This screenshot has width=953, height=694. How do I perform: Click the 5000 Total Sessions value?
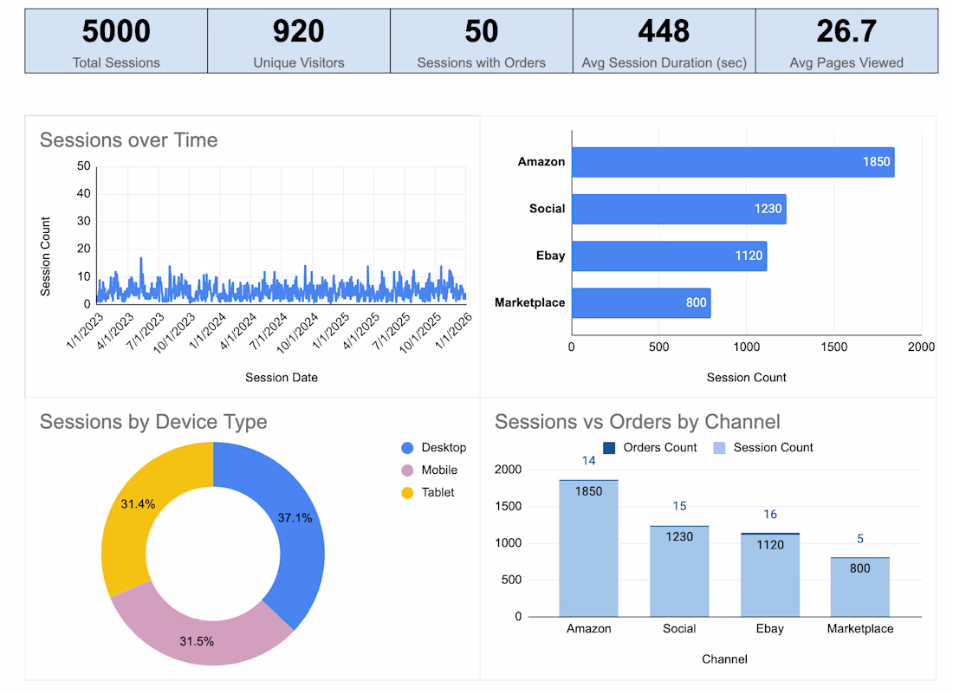pos(116,32)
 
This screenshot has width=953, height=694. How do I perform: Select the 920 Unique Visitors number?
pos(298,32)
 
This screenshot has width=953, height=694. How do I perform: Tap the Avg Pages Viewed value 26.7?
pos(846,32)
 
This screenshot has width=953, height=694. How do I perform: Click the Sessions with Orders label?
pos(481,62)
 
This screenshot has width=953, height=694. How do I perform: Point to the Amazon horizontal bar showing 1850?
pos(732,162)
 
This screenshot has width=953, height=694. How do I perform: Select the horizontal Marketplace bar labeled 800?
pos(640,303)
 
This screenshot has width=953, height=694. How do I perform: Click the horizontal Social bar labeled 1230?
pos(678,209)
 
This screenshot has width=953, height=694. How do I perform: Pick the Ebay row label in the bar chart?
pos(550,256)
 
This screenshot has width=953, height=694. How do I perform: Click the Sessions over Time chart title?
pos(128,140)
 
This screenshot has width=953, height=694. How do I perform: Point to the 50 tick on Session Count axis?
pos(84,165)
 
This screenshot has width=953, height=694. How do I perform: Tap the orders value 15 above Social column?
pos(679,506)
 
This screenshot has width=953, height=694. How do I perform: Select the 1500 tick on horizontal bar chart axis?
pos(833,347)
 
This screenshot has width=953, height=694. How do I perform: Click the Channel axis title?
pos(724,658)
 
